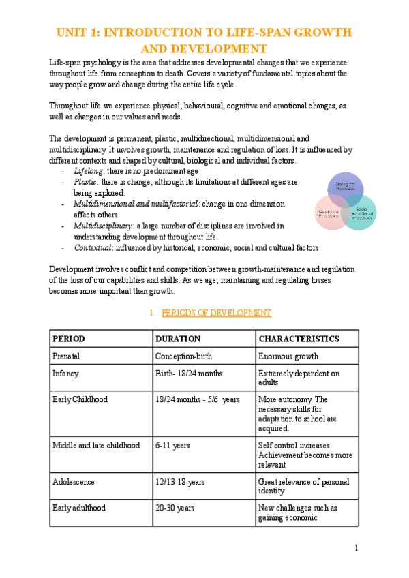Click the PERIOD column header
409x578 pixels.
pos(69,339)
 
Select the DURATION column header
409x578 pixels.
pos(178,339)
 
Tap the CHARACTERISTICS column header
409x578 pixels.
pos(299,339)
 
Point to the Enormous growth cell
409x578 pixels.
pos(288,356)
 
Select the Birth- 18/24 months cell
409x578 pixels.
pos(187,374)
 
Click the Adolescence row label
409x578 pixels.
pos(74,482)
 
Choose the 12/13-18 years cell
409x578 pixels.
pos(180,482)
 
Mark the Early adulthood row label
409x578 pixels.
pos(79,508)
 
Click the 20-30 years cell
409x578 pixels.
pos(175,508)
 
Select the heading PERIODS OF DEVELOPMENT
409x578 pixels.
pos(216,313)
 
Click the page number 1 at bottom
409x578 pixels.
pos(356,548)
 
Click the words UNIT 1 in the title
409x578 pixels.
pos(79,32)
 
